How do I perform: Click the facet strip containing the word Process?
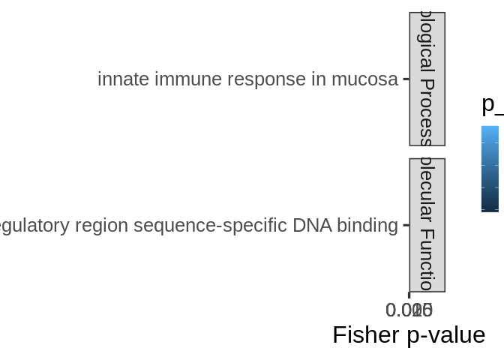[x=427, y=79]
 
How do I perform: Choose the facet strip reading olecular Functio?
[x=427, y=225]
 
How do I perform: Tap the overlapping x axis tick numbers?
[x=409, y=310]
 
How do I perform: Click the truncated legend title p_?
[x=492, y=104]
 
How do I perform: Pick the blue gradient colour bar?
[x=490, y=169]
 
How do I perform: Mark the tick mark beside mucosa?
[x=406, y=79]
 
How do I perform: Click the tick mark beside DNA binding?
[x=406, y=225]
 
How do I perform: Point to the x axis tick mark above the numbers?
[x=409, y=295]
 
